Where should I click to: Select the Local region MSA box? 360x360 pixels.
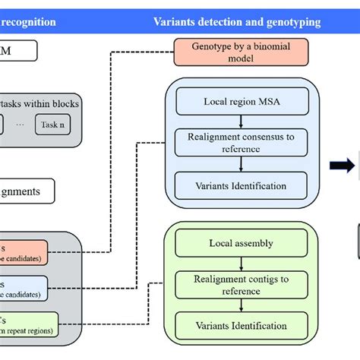click(x=241, y=101)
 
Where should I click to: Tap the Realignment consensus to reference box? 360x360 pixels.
click(x=241, y=143)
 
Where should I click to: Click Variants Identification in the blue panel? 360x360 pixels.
click(x=241, y=185)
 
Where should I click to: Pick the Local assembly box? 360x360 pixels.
click(x=241, y=244)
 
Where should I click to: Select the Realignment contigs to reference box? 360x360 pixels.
click(x=241, y=285)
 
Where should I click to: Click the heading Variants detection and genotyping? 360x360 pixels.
click(x=237, y=22)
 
